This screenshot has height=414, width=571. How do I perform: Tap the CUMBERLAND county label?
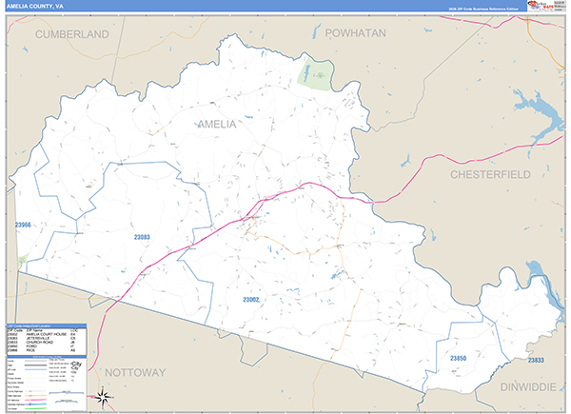[x=72, y=33]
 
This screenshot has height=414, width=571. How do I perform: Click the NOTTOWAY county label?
[x=135, y=370]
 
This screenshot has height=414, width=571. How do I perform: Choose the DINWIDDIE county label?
[x=531, y=387]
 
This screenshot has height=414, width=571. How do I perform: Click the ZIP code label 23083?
[x=141, y=236]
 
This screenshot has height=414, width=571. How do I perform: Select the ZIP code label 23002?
[x=250, y=300]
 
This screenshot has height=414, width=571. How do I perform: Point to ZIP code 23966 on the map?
[x=23, y=226]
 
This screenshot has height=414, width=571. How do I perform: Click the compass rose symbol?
[x=105, y=398]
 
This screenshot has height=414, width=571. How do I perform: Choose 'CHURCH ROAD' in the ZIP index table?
[x=42, y=344]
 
